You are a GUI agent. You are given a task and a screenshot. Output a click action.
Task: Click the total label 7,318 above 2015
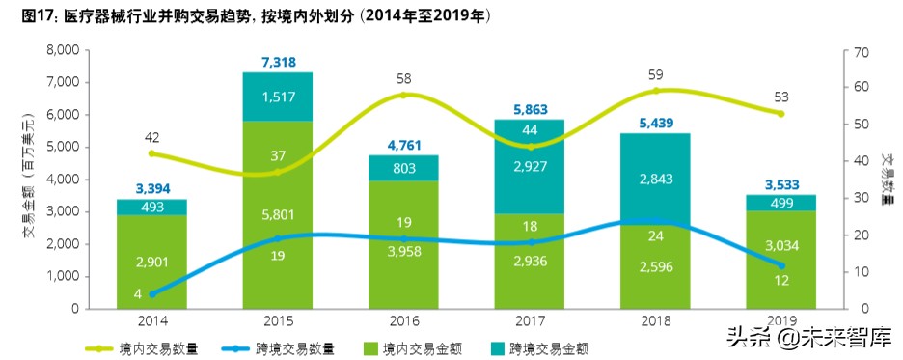(x=277, y=62)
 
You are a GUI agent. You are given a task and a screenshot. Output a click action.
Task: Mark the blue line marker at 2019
(x=781, y=265)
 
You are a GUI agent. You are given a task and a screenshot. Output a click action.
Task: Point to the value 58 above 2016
(x=403, y=77)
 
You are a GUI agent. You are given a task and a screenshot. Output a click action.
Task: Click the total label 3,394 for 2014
(x=150, y=187)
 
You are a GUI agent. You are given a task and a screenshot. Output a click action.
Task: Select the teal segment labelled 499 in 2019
(x=781, y=203)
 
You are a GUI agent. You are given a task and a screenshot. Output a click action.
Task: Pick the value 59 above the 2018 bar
(x=656, y=73)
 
